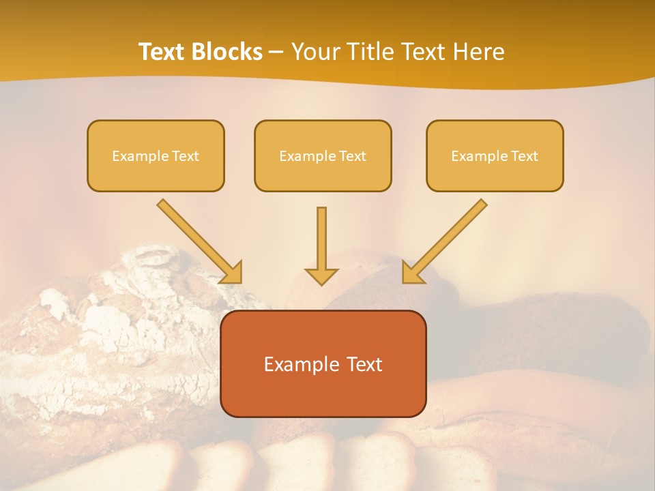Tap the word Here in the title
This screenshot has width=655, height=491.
point(478,52)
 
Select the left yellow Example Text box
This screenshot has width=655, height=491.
point(156,155)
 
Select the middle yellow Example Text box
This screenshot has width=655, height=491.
point(323,155)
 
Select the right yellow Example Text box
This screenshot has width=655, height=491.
point(495,155)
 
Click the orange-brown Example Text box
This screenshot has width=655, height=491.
point(323,363)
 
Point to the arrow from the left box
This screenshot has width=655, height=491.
point(198,240)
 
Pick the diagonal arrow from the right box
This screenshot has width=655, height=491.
point(446,240)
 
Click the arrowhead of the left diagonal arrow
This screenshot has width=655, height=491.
point(233,273)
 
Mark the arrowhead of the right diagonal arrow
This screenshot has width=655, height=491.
point(411,273)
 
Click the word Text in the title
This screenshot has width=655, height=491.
point(164,52)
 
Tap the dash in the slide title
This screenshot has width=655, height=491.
point(276,53)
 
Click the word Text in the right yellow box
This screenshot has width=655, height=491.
point(525,156)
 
